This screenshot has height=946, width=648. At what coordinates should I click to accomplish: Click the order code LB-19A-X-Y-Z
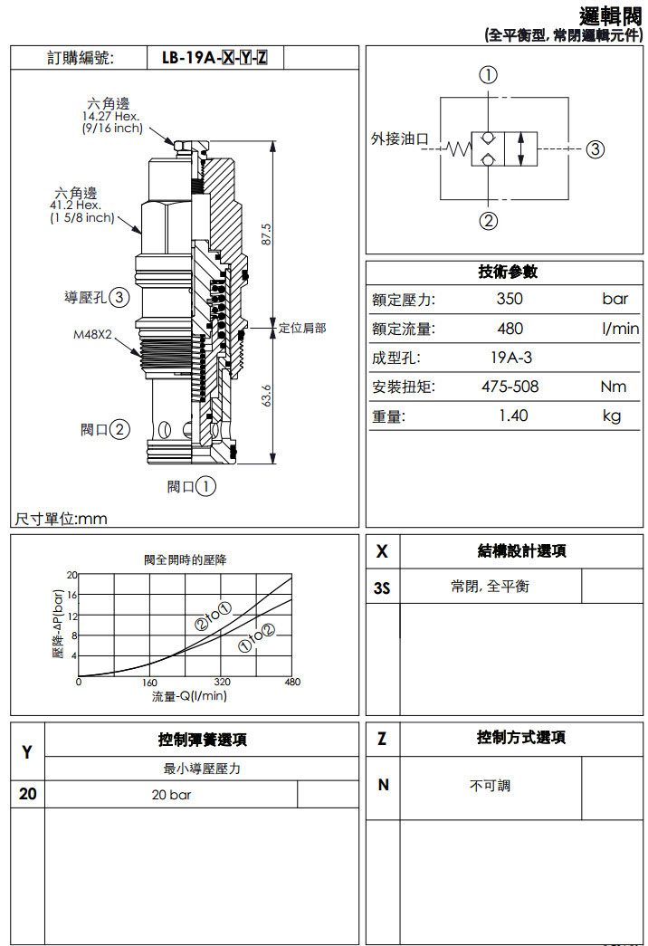[x=214, y=58]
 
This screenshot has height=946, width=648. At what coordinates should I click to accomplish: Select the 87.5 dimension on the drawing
[x=265, y=234]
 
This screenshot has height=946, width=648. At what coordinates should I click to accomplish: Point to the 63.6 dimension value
[x=265, y=396]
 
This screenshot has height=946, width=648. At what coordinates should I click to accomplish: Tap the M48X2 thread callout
[x=92, y=334]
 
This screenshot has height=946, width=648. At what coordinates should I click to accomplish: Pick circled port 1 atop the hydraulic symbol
[x=489, y=75]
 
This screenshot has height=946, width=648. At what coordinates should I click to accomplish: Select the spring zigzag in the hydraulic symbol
[x=459, y=149]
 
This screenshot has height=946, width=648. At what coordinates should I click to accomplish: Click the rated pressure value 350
[x=510, y=300]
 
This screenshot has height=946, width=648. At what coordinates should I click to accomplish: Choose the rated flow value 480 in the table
[x=510, y=329]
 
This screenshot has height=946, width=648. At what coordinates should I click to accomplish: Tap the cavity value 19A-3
[x=510, y=358]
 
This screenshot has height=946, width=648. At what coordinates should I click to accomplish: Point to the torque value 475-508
[x=510, y=387]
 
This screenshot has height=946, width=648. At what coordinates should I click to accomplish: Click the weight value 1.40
[x=512, y=416]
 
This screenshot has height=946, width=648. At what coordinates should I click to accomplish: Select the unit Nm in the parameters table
[x=613, y=387]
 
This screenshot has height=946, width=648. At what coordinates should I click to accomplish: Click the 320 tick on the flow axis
[x=222, y=682]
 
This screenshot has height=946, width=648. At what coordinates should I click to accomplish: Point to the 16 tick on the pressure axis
[x=72, y=595]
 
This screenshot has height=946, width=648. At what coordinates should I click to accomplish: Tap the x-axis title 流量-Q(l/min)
[x=189, y=695]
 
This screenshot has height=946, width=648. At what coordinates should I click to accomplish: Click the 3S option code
[x=382, y=588]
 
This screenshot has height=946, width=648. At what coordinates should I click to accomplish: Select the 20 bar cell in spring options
[x=171, y=795]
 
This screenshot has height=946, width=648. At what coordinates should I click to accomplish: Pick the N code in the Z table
[x=383, y=785]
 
